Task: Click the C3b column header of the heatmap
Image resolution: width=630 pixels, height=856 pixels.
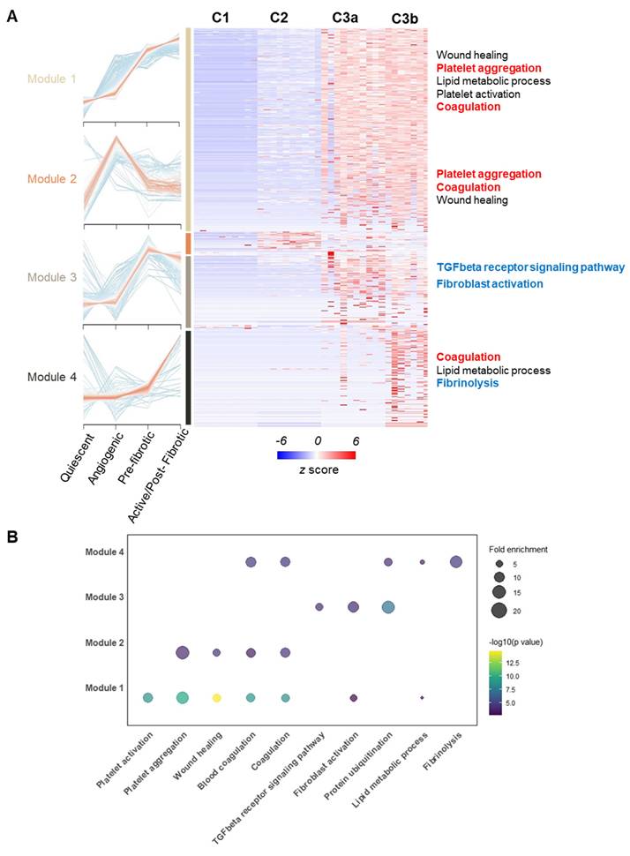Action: point(405,18)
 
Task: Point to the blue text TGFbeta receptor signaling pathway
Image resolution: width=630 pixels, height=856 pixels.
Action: point(530,267)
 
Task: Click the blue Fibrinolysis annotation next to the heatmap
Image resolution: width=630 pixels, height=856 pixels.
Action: point(468,384)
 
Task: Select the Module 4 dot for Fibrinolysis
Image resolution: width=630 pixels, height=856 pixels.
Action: point(456,562)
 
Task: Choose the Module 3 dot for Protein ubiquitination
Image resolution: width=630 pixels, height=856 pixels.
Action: point(387,607)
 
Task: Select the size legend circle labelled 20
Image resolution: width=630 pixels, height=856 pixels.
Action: point(499,610)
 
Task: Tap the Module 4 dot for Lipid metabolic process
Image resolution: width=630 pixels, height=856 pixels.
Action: point(422,562)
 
